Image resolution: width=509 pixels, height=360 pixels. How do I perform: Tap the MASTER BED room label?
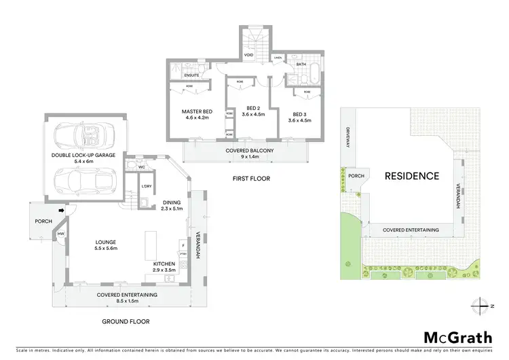tap(197, 111)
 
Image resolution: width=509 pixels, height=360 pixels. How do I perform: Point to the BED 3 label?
tap(299, 114)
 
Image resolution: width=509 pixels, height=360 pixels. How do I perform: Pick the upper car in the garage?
tap(81, 136)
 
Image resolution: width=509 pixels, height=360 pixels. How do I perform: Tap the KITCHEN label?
tap(164, 264)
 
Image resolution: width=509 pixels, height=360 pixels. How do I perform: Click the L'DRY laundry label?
tap(146, 187)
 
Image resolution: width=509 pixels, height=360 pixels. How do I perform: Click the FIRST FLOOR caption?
tap(250, 179)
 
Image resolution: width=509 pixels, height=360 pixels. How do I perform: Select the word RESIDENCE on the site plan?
tap(411, 176)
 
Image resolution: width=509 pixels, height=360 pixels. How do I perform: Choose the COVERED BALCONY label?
tap(246, 150)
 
